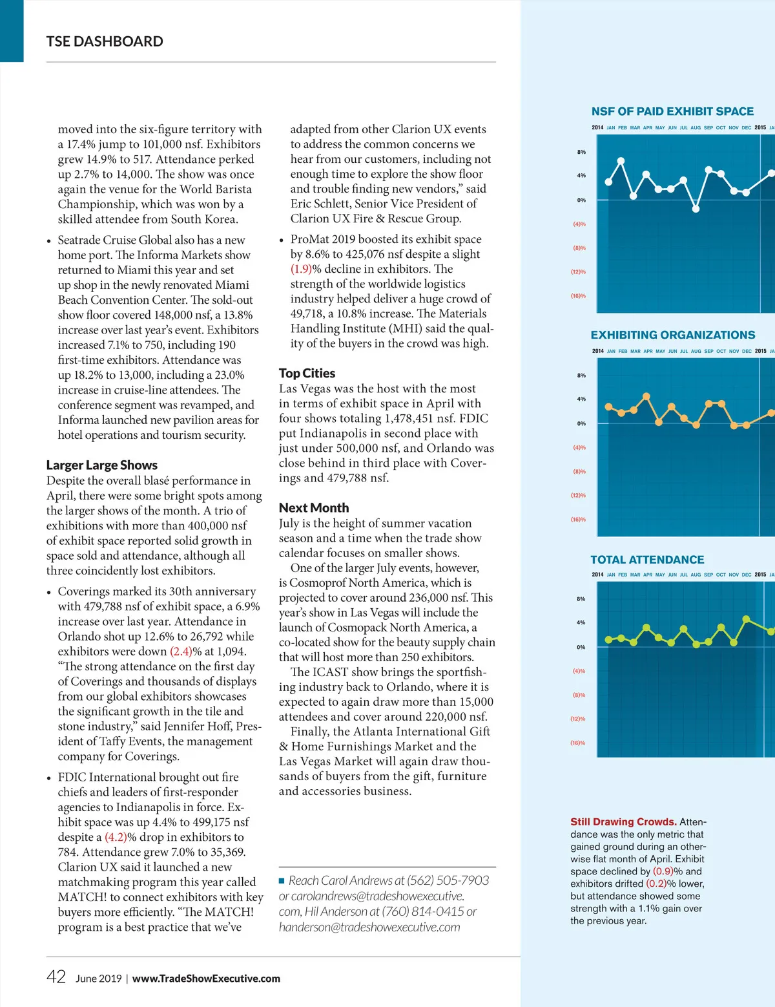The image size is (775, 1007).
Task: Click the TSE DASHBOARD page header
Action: point(105,41)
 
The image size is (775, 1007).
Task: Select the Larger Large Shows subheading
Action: point(102,465)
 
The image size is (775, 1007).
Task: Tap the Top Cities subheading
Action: point(307,373)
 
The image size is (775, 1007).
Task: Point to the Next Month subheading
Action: point(314,507)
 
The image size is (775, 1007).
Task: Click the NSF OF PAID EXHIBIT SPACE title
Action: point(672,111)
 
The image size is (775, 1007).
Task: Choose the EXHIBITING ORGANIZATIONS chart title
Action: point(672,335)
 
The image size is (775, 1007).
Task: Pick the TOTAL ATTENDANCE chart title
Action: point(647,560)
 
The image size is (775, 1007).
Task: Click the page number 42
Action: point(56,977)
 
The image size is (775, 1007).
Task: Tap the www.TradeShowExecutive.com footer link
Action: point(206,979)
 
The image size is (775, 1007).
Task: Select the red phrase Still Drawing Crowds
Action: point(623,821)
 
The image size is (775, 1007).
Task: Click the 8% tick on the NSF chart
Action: point(581,152)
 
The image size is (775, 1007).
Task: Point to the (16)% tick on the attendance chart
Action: point(577,743)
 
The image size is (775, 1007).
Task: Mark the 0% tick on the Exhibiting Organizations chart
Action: point(581,423)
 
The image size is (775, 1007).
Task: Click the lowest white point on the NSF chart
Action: point(696,209)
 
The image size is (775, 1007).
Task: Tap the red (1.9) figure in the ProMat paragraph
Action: point(301,269)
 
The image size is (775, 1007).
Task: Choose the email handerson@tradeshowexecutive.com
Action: point(369,927)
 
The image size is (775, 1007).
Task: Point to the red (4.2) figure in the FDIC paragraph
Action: point(116,837)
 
